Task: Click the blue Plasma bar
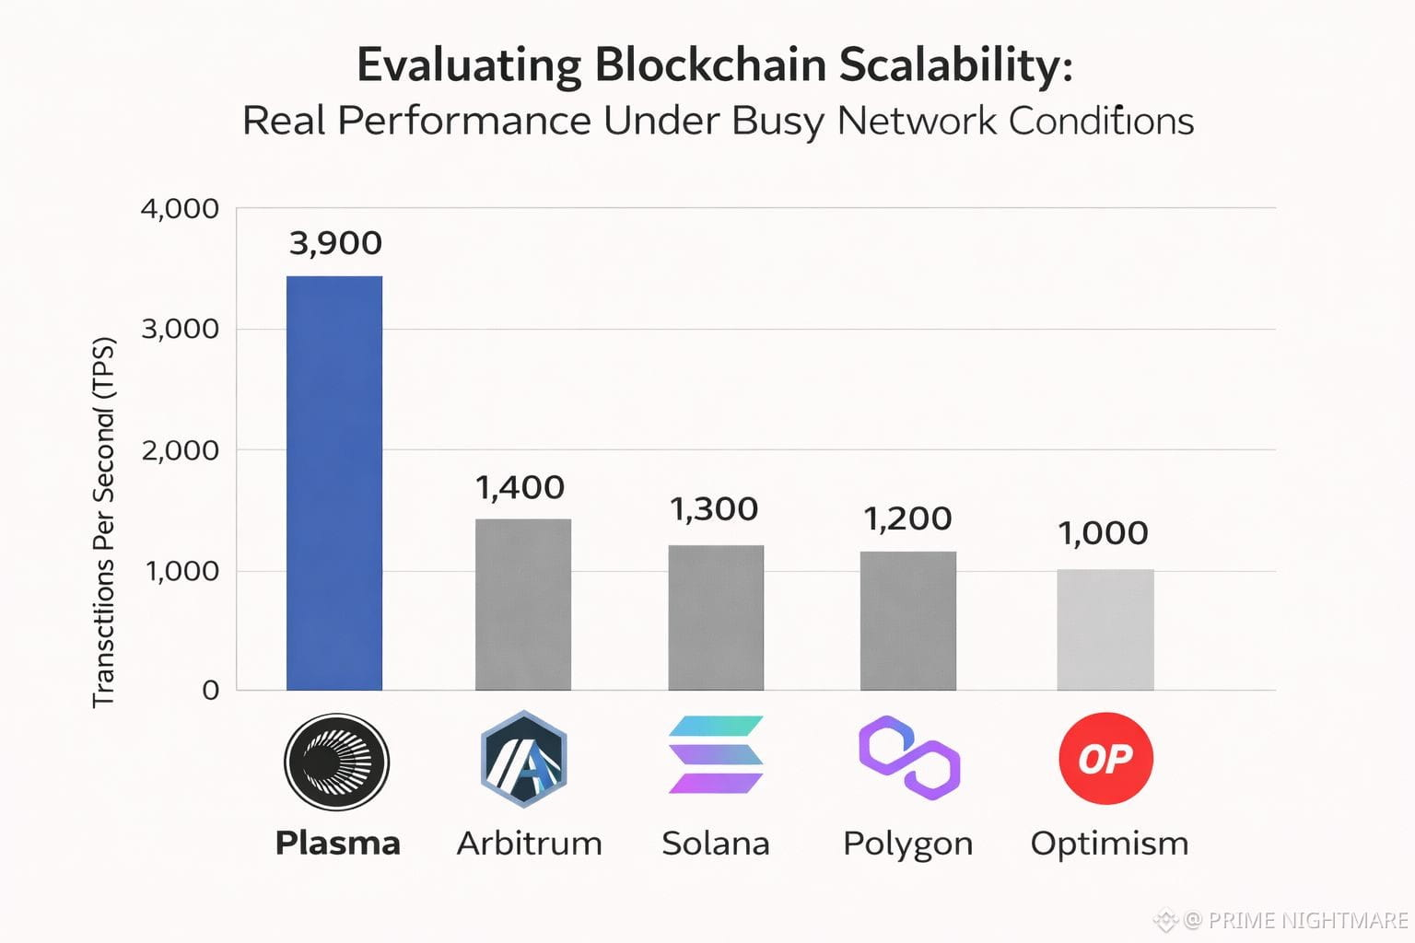334,483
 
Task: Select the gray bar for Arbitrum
523,604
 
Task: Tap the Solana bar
716,617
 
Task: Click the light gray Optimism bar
1105,629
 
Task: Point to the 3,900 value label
335,243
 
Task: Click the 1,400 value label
520,487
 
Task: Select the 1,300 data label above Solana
714,509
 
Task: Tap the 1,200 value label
907,518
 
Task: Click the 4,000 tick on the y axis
180,209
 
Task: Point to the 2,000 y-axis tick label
180,450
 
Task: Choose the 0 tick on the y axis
211,691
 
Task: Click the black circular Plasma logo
336,762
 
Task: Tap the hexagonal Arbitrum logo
523,760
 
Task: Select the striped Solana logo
716,755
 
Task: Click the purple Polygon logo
909,757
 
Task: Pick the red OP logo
1105,759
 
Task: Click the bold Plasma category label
337,843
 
